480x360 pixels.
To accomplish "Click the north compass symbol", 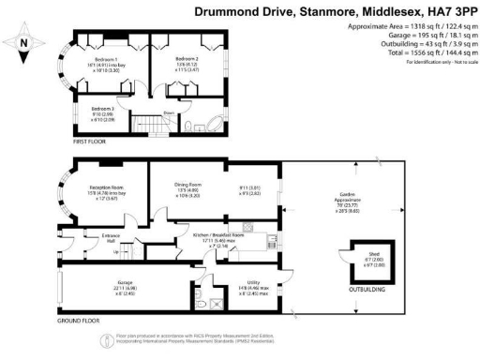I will [x=22, y=42].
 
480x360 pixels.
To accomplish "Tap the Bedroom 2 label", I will [x=187, y=58].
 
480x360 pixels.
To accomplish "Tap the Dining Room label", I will [x=188, y=185].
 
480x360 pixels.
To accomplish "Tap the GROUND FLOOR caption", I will [x=79, y=320].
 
